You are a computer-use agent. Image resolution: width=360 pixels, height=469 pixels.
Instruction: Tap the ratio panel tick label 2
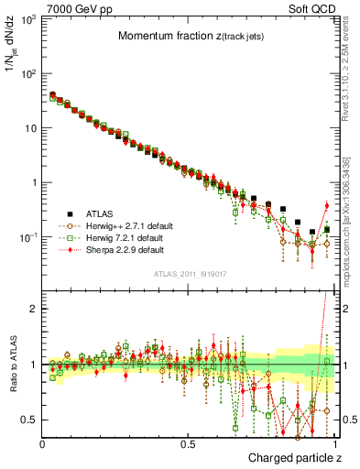(34, 309)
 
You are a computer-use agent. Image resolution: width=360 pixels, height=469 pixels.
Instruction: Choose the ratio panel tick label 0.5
(30, 420)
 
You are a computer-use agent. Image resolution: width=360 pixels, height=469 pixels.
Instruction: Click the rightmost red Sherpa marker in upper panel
(326, 205)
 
